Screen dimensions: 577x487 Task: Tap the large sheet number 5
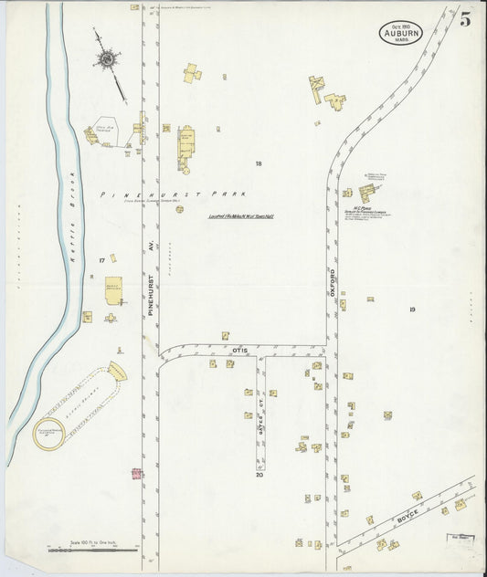pyautogui.click(x=465, y=19)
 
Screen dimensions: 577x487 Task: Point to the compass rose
pyautogui.click(x=106, y=60)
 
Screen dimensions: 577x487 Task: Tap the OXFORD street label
pyautogui.click(x=333, y=279)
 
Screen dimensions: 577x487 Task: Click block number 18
pyautogui.click(x=259, y=164)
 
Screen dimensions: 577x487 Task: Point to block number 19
pyautogui.click(x=413, y=309)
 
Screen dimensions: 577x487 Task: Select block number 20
pyautogui.click(x=259, y=475)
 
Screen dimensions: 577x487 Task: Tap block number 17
pyautogui.click(x=101, y=261)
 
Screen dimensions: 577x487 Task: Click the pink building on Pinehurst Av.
pyautogui.click(x=137, y=474)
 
